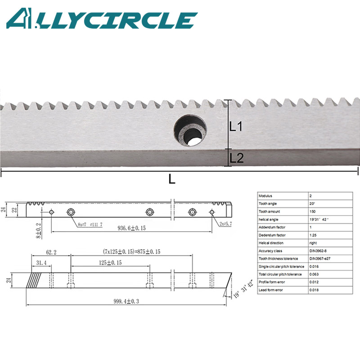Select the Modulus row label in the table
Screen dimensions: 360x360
point(266,196)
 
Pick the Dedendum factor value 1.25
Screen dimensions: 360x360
point(314,235)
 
